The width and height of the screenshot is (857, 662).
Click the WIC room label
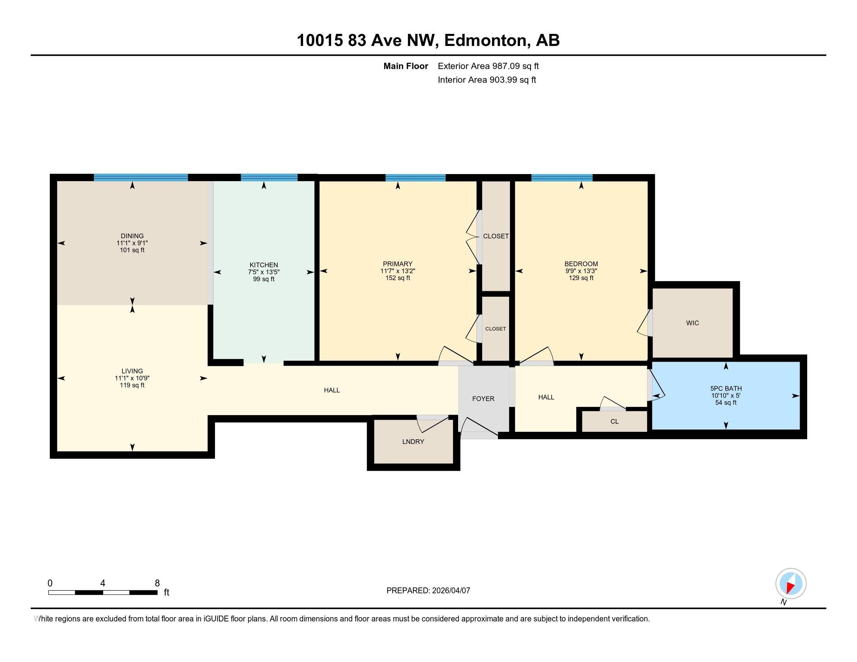693,323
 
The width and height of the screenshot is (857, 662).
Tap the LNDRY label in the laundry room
413,442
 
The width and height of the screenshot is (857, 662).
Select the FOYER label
483,399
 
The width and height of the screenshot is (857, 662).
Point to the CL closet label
614,422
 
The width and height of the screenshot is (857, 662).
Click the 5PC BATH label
726,389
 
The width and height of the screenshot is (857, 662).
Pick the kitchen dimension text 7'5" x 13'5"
264,272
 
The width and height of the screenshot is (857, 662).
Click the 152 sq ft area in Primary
398,278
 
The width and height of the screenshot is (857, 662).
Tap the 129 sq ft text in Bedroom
581,278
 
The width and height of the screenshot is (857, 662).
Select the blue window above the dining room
141,178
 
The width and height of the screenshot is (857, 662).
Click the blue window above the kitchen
269,178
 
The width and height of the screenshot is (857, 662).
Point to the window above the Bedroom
562,178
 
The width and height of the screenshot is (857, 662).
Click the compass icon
791,584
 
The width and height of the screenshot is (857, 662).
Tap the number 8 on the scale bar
157,583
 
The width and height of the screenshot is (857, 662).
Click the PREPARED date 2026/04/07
450,591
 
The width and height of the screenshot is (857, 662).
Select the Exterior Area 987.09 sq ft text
488,66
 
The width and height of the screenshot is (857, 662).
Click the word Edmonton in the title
485,40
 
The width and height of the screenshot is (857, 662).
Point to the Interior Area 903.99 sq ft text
487,80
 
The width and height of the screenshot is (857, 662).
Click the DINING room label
132,236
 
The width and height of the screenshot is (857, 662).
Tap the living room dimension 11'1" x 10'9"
132,379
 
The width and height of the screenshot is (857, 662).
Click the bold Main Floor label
406,66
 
